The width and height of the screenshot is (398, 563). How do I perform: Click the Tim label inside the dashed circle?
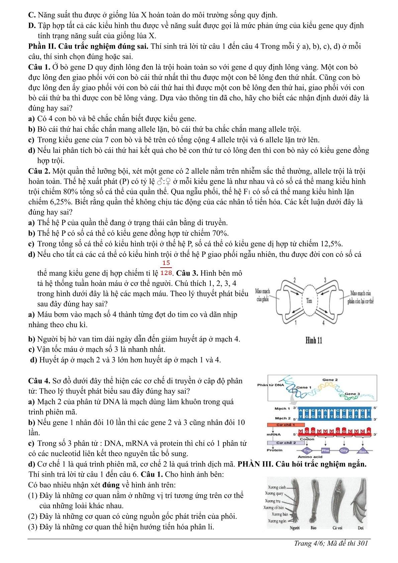(x=309, y=300)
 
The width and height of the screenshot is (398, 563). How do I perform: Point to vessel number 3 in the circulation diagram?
(x=325, y=280)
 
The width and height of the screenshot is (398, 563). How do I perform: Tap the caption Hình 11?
(x=314, y=341)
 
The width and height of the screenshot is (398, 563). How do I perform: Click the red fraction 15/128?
(x=166, y=268)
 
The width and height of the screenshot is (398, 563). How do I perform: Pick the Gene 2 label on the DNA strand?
(x=330, y=380)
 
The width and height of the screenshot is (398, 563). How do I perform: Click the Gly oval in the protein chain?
(x=344, y=451)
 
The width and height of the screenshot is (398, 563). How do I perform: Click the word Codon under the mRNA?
(x=307, y=439)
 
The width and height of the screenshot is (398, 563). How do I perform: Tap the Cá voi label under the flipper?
(x=337, y=528)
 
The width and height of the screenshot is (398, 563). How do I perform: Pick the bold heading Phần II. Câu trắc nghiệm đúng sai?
(x=89, y=46)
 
